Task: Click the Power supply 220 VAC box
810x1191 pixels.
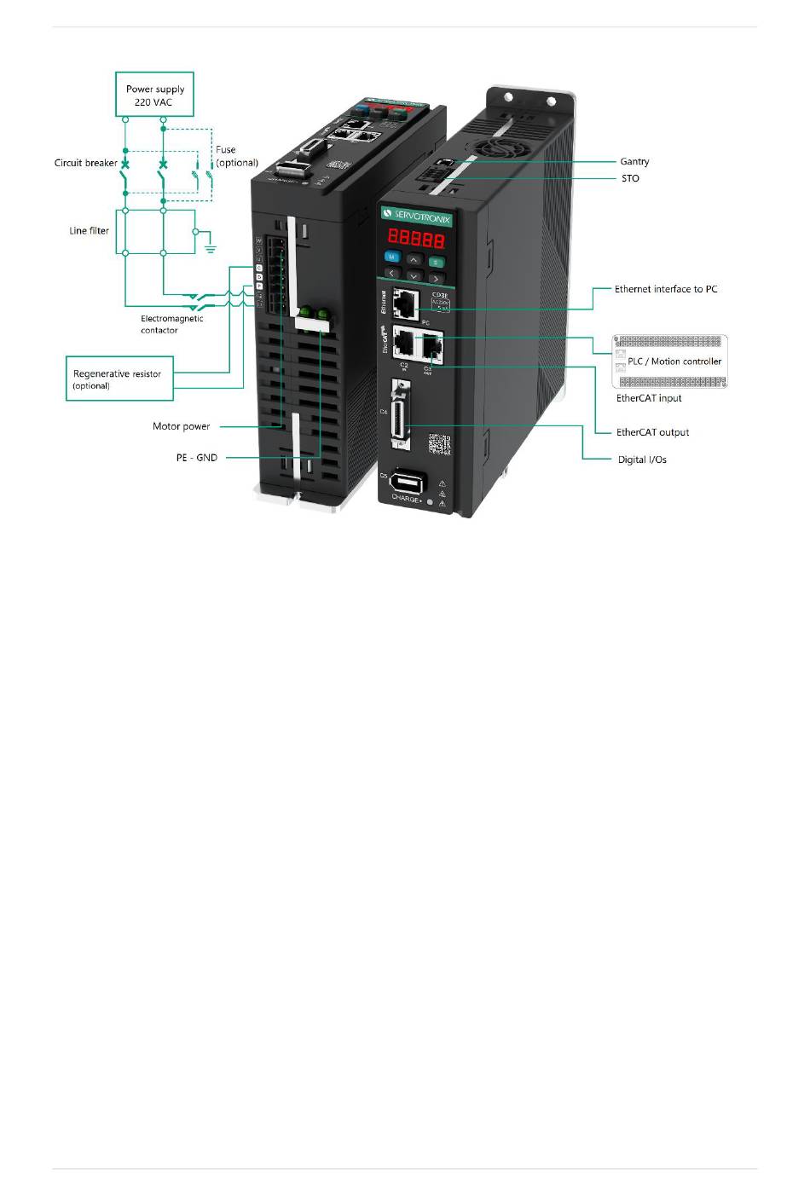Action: tap(154, 95)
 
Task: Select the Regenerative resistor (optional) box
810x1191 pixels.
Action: tap(119, 379)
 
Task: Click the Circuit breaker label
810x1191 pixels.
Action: tap(85, 163)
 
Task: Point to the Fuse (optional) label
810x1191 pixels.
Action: tap(236, 156)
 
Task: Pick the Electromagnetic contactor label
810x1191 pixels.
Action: tap(171, 324)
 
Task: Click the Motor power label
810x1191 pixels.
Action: tap(181, 426)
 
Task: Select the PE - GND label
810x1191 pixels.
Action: tap(197, 458)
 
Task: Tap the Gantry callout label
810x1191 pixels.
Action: tap(634, 161)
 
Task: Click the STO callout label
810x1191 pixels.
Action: tap(630, 178)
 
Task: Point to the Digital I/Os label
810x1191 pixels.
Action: tap(642, 460)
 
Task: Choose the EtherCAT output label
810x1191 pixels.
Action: tap(652, 432)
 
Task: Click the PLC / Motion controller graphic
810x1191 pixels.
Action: tap(670, 361)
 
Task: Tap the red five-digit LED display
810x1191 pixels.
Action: tap(416, 238)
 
